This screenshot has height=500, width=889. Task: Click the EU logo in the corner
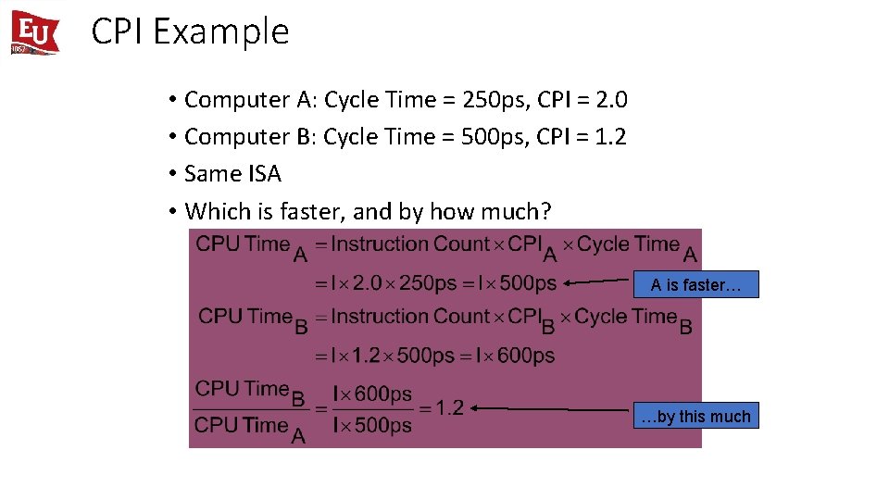[35, 31]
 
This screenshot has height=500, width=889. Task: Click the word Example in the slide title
[221, 32]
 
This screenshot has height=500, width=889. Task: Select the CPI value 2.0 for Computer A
[611, 99]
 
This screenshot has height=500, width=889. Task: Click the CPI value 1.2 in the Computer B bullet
[610, 137]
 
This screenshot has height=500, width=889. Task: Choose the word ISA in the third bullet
[264, 174]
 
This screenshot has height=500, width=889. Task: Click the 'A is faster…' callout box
[695, 284]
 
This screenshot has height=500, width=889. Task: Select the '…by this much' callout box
[695, 416]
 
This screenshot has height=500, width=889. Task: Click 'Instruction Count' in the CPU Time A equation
[408, 244]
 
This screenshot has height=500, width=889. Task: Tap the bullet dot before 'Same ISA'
[172, 174]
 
